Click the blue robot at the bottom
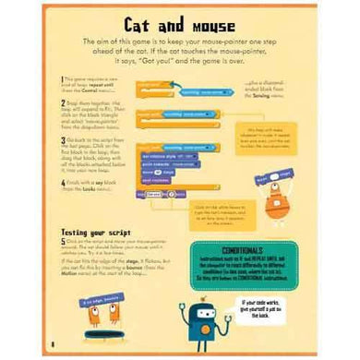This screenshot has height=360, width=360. click(205, 318)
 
